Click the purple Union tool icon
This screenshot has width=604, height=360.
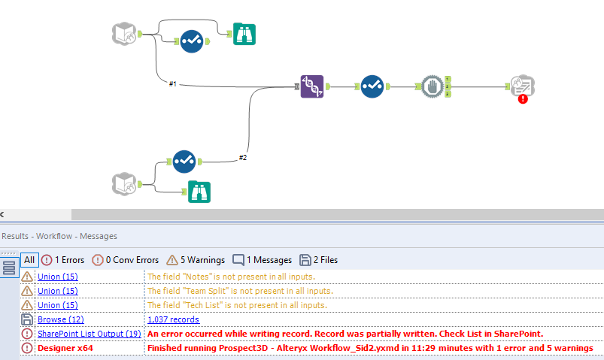coord(311,86)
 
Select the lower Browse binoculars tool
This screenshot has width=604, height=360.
coord(199,192)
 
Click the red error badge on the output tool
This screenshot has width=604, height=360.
coord(523,98)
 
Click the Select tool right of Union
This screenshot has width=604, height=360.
coord(372,86)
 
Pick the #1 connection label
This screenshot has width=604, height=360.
coord(172,83)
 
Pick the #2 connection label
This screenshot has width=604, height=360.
coord(242,157)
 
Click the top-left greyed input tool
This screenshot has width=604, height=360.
coord(124,34)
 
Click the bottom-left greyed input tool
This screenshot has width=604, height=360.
coord(124,183)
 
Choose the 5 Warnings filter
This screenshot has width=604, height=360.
coord(195,260)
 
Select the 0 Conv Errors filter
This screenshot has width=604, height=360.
coord(125,260)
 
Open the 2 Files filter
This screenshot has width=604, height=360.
coord(319,260)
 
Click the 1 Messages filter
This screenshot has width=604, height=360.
coord(262,260)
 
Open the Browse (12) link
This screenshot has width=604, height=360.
coord(56,319)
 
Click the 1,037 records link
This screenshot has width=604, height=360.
coord(174,319)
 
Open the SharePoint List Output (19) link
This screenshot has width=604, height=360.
coord(89,334)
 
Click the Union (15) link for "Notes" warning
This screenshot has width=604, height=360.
coord(58,277)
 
